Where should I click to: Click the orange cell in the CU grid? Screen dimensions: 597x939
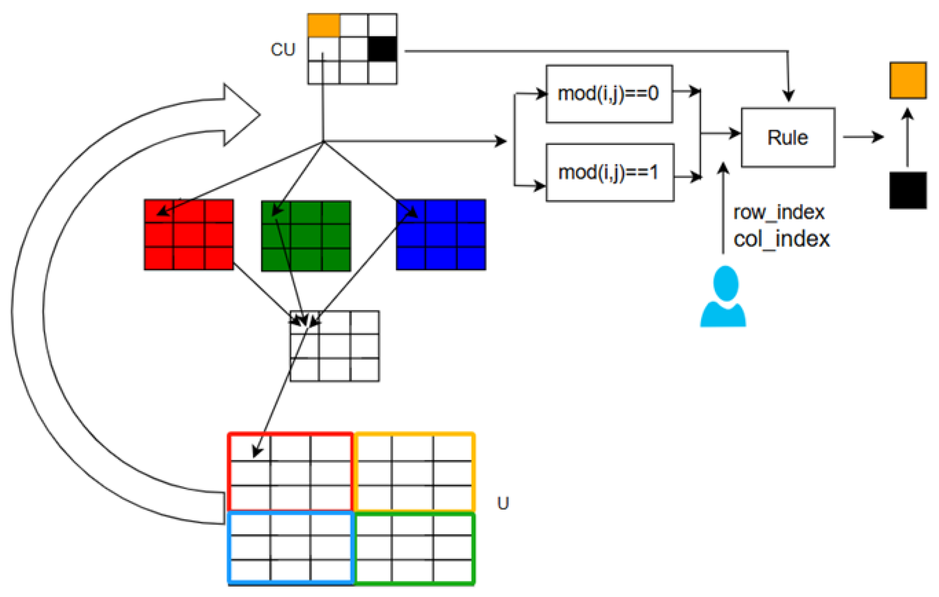[x=324, y=25]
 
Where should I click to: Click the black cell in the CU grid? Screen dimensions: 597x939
[x=382, y=49]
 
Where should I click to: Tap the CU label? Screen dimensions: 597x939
[x=283, y=50]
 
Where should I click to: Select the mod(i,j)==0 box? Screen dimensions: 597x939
[x=609, y=94]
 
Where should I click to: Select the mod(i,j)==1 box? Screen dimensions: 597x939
[x=609, y=172]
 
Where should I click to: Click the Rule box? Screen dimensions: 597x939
[x=788, y=137]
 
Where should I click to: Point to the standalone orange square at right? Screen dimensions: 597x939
[x=908, y=80]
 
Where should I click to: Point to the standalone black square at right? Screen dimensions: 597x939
[x=908, y=190]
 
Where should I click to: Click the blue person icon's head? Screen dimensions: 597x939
[x=726, y=283]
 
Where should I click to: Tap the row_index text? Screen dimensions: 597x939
[x=779, y=212]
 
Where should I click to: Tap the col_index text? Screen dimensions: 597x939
[x=781, y=239]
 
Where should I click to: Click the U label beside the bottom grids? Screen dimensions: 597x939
[x=503, y=503]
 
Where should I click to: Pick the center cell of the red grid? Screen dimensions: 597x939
[x=189, y=235]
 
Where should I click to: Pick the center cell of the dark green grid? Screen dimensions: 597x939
[x=306, y=236]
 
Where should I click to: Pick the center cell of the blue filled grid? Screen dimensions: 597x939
[x=441, y=235]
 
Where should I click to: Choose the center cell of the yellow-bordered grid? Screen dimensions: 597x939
[x=412, y=473]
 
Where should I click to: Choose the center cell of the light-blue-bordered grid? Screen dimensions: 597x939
[x=290, y=547]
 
